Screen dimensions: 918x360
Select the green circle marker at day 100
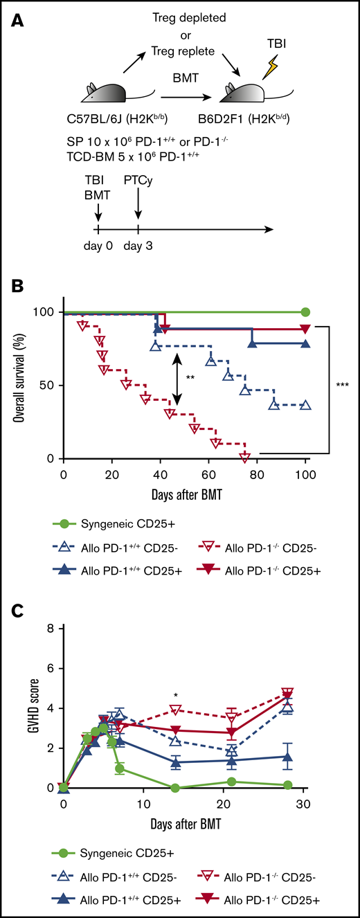click(x=305, y=312)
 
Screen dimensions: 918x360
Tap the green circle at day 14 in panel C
click(x=175, y=788)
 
